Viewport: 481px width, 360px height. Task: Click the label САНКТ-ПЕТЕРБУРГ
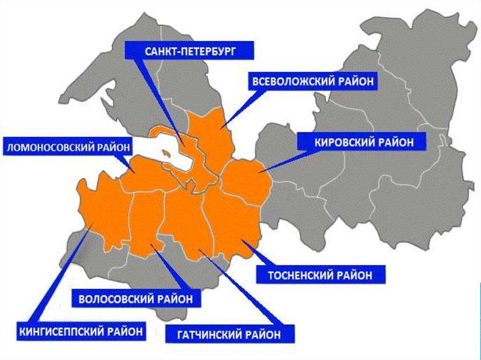[x=190, y=51]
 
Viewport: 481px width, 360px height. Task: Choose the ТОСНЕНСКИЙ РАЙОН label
[x=320, y=274]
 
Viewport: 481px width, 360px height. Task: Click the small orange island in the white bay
[x=165, y=153]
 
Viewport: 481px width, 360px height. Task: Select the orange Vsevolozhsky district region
[x=209, y=136]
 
